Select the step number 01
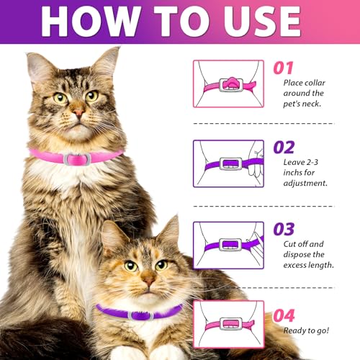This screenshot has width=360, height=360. pos(283,68)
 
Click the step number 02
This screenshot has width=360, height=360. pos(284,148)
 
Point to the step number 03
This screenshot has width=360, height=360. pos(284,229)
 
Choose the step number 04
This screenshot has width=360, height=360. pos(284,315)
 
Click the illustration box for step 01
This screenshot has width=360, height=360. pos(228,84)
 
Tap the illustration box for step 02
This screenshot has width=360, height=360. pos(228,163)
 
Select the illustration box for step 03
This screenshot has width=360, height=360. pos(228,245)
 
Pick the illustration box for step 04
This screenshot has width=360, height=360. pos(228,324)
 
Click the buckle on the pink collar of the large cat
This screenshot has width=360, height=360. pos(76,158)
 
